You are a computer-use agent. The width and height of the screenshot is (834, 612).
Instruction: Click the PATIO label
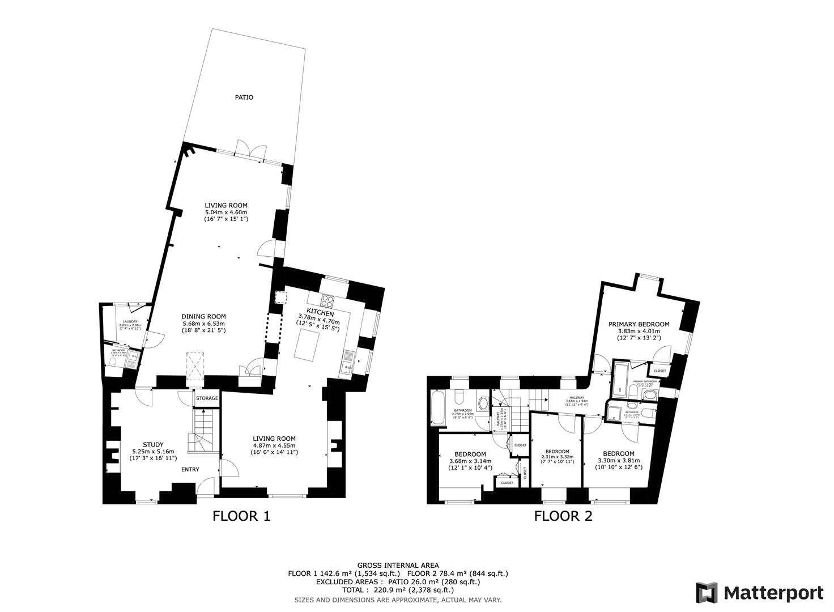point(244,97)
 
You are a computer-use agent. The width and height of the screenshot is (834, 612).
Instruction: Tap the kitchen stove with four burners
point(328,300)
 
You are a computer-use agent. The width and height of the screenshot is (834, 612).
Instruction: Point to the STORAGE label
point(207,398)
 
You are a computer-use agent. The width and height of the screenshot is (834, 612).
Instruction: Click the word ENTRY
point(190,469)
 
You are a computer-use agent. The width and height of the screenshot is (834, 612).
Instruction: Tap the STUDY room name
point(153,444)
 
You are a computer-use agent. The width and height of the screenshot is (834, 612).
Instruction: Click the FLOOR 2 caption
point(563,516)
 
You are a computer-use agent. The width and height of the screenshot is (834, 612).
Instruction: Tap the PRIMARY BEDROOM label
point(639,325)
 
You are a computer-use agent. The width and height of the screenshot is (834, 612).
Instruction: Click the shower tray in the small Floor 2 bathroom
point(614,412)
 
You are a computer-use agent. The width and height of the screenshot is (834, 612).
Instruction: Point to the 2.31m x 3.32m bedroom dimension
point(558,457)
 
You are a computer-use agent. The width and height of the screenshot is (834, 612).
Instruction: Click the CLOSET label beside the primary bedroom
point(660,371)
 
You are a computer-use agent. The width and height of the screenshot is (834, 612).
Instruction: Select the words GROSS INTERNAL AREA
point(397,566)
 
